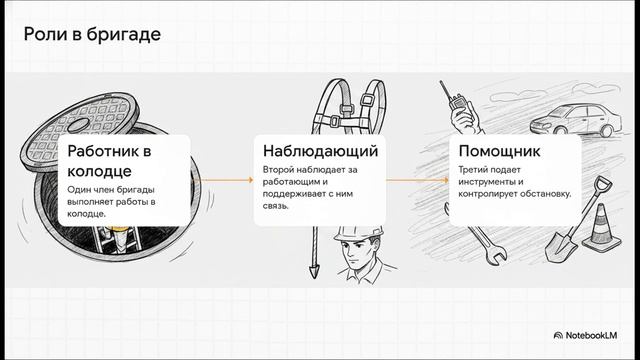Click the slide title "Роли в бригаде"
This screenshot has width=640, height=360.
coord(92,34)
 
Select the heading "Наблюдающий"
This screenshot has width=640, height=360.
coord(320,151)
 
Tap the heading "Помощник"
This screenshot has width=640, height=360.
coord(499,151)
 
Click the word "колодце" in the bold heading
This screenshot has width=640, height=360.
coord(99,171)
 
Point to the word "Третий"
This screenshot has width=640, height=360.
coord(471,169)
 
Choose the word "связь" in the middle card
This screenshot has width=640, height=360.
coord(276,206)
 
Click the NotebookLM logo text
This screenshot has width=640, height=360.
coord(591,336)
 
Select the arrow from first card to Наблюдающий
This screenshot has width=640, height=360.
coord(227,180)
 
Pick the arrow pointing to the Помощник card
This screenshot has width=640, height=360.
coord(417,180)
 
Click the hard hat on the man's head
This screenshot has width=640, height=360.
coord(359,234)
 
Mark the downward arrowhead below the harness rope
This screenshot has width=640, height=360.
coord(314,271)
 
